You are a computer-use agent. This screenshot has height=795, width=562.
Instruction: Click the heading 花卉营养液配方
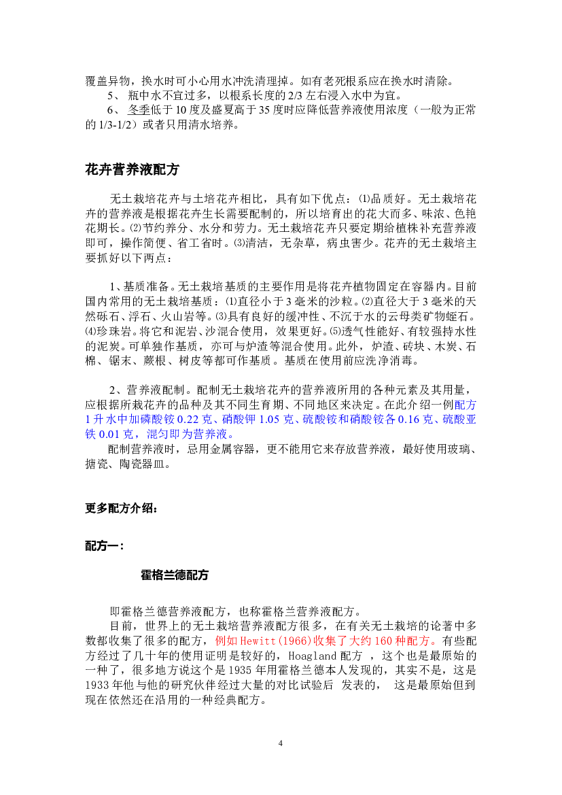[x=133, y=169]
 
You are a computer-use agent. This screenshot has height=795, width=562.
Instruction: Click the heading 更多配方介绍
[x=121, y=508]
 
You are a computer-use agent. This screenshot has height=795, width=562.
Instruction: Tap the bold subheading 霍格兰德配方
[x=175, y=575]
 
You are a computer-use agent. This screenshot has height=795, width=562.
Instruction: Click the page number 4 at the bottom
[x=281, y=743]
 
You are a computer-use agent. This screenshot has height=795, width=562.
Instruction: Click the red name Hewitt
[x=256, y=641]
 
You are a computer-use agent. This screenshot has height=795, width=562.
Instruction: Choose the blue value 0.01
[x=109, y=435]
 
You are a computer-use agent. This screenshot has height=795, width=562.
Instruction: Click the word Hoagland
[x=312, y=656]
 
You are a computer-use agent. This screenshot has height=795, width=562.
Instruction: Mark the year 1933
[x=96, y=685]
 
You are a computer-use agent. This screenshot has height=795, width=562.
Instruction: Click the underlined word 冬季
[x=139, y=110]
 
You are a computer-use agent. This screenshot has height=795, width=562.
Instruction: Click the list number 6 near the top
[x=111, y=110]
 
